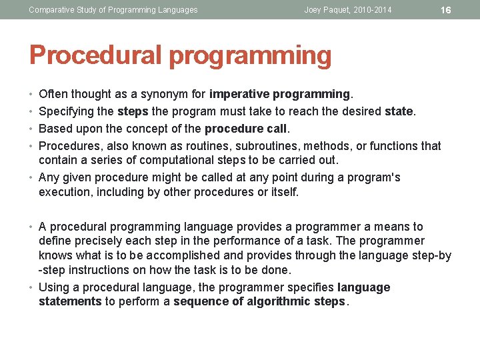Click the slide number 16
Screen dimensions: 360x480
447,10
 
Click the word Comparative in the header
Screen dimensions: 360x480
53,10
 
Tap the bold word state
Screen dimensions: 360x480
399,112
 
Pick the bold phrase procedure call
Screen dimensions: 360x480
246,129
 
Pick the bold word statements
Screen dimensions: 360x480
70,301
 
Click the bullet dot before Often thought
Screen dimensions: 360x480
31,94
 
